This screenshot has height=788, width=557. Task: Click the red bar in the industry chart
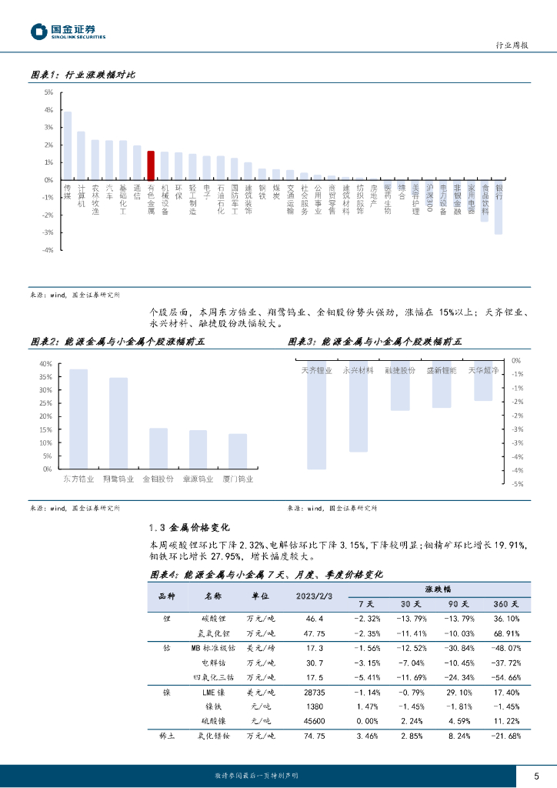[151, 165]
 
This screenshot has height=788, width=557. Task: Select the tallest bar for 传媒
[68, 145]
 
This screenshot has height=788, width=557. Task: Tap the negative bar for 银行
[499, 207]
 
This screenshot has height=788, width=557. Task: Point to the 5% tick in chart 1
[48, 92]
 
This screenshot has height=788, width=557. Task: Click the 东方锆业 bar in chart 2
[78, 419]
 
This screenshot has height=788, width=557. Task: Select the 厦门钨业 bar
[238, 451]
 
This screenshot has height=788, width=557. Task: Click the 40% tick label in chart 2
[45, 364]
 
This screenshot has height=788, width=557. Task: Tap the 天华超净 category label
[483, 370]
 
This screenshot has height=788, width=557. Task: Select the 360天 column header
[505, 603]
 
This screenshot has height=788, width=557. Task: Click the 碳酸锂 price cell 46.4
[315, 619]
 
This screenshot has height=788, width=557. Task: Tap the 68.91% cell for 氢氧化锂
[505, 633]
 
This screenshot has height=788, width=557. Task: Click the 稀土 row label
[167, 736]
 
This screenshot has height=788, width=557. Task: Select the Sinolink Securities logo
[68, 32]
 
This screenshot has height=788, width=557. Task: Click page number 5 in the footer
[537, 775]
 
